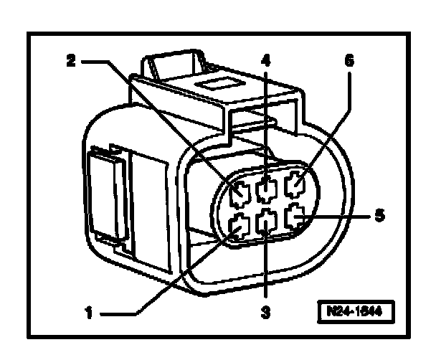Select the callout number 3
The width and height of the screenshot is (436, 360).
click(266, 313)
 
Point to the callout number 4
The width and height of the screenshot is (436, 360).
click(266, 60)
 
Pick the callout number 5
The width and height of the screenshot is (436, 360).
click(380, 214)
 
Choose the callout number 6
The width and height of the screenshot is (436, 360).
click(349, 60)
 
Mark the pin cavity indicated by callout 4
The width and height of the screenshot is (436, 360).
click(266, 190)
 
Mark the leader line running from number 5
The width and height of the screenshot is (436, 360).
click(337, 214)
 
